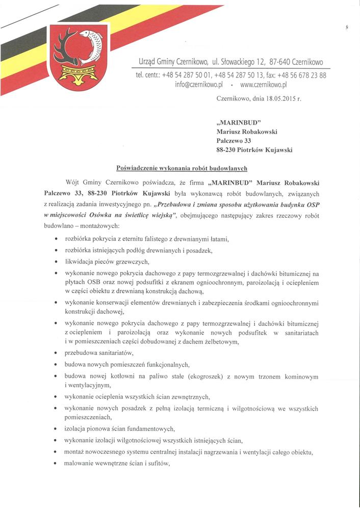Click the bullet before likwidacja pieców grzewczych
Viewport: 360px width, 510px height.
click(x=55, y=262)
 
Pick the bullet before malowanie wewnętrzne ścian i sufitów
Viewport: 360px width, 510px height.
click(x=55, y=464)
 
